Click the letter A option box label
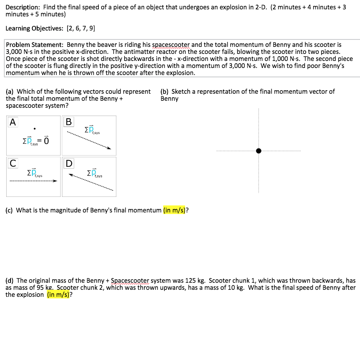click(13, 122)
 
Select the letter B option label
click(69, 122)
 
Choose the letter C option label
click(13, 163)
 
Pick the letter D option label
click(69, 163)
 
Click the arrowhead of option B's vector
click(110, 148)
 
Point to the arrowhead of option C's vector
click(55, 181)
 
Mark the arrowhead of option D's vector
click(71, 175)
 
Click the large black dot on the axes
click(258, 151)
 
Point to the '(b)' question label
click(164, 91)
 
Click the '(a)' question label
click(10, 91)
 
